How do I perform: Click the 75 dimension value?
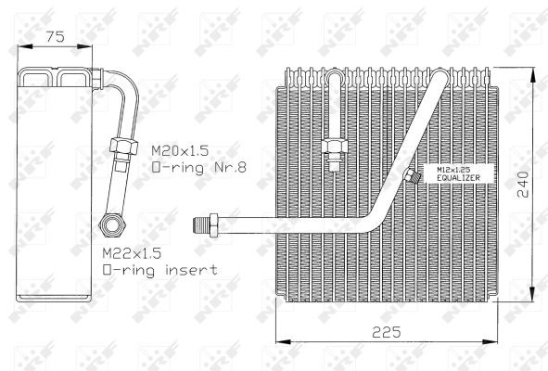[57, 38]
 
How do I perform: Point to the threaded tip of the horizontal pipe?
[198, 223]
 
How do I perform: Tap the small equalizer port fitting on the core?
[410, 176]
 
